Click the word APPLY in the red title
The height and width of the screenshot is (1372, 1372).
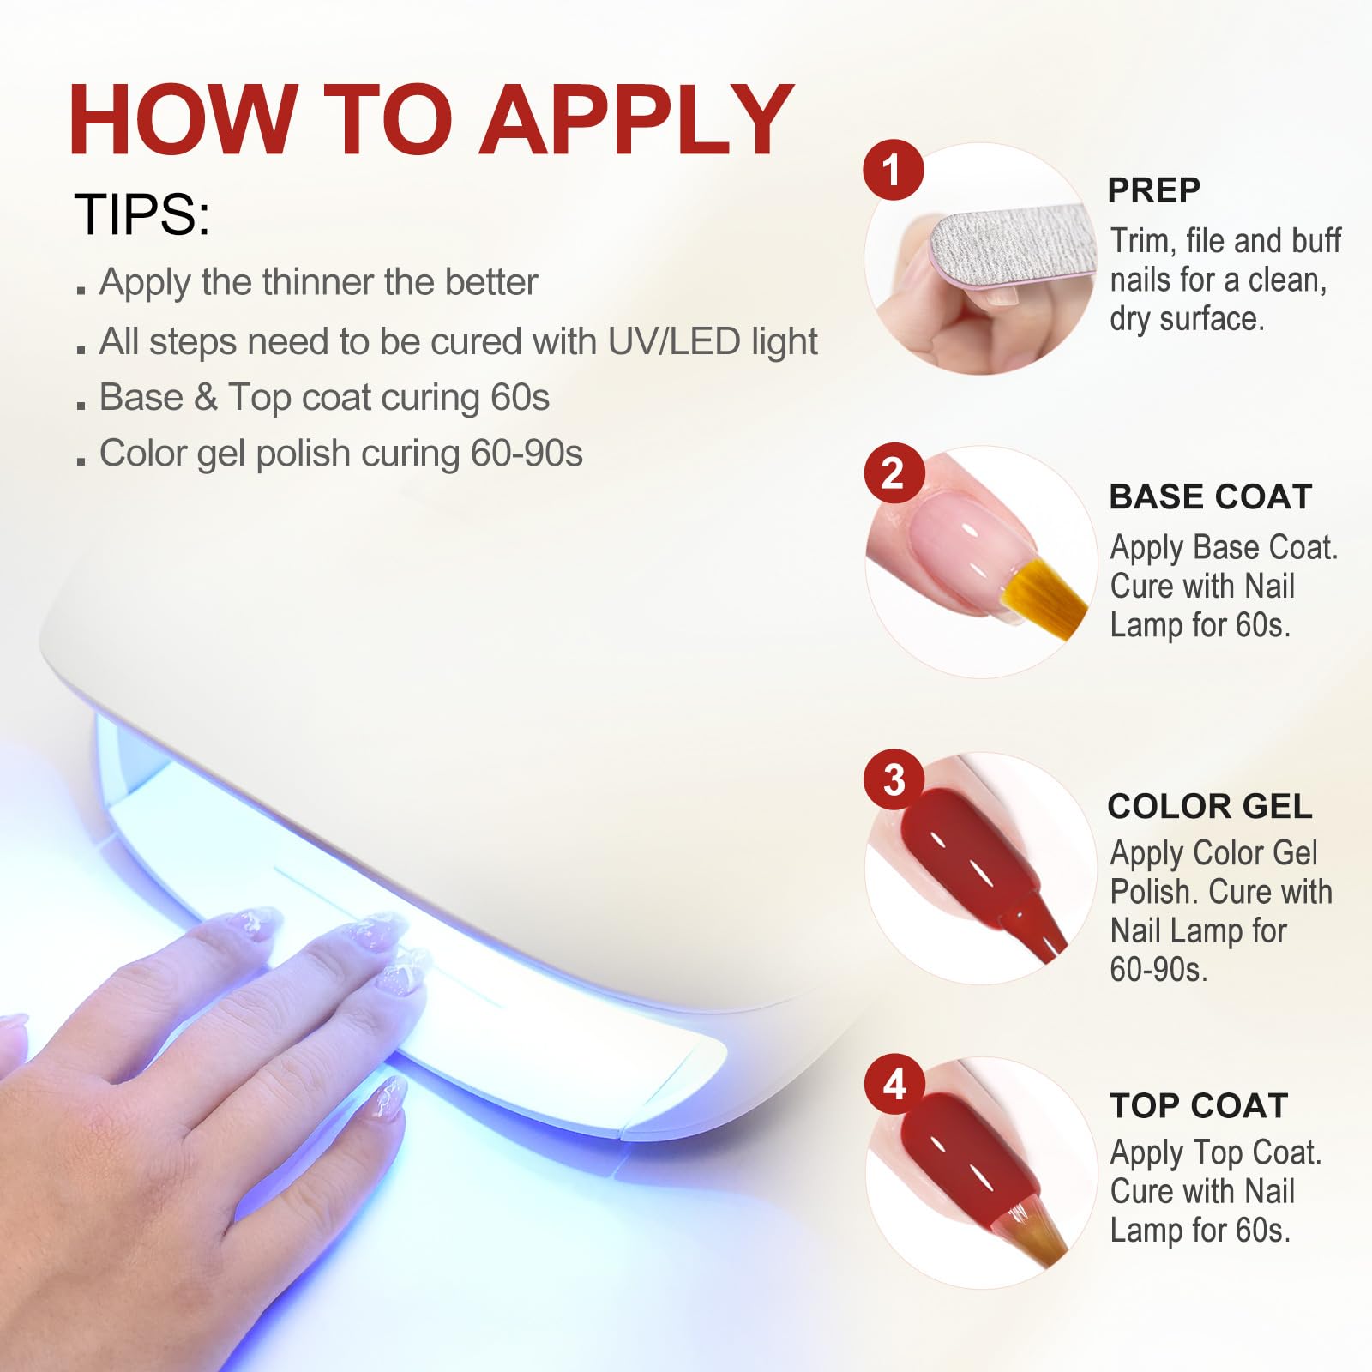click(637, 119)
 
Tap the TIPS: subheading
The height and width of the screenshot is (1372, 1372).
click(142, 214)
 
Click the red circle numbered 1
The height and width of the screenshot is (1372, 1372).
click(893, 170)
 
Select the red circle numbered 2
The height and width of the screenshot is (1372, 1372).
click(893, 472)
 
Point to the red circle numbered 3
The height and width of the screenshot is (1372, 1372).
click(894, 779)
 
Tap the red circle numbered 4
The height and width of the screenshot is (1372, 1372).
click(894, 1084)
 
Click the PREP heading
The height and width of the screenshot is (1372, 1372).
click(1153, 190)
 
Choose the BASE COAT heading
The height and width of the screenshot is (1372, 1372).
click(1211, 497)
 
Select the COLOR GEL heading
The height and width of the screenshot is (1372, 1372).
click(1210, 806)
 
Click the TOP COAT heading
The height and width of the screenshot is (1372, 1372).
click(1199, 1106)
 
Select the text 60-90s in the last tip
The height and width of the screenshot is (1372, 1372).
click(527, 454)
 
